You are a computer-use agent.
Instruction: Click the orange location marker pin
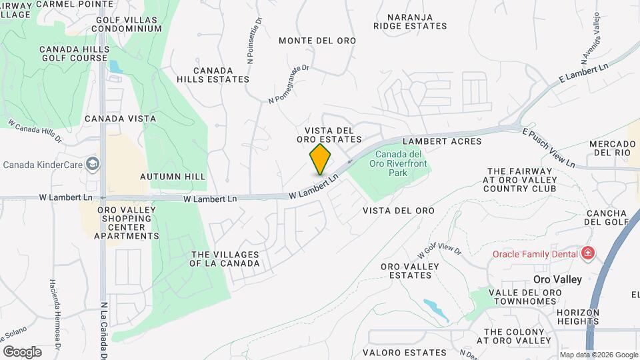point(320,159)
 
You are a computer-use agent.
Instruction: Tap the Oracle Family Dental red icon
point(587,253)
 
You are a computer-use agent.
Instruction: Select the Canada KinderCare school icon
point(92,164)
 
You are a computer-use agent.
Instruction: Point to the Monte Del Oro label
point(317,41)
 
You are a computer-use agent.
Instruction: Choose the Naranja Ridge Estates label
point(410,21)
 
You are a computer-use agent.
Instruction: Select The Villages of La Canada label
point(225,258)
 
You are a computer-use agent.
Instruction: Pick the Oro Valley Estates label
point(409,271)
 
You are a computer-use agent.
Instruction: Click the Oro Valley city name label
point(558,279)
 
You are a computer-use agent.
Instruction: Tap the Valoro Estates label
point(405,352)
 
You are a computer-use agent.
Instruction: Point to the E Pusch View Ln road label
point(548,147)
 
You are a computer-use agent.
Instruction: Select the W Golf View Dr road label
point(439,251)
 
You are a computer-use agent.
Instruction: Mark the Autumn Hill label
point(164,177)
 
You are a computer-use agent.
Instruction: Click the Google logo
point(22,352)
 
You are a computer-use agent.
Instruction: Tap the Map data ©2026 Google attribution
point(599,355)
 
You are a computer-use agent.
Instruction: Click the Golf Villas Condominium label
point(127,23)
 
